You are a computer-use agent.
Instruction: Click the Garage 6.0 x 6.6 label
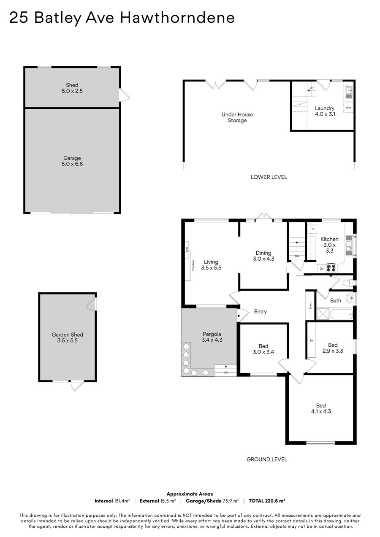[x=72, y=161]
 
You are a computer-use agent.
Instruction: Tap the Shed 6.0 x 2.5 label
[x=72, y=88]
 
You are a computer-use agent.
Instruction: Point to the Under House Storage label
[x=237, y=117]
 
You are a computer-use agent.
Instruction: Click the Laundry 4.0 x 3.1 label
[x=325, y=111]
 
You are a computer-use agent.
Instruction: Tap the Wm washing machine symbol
[x=348, y=108]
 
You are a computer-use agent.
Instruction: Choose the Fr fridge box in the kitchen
[x=313, y=229]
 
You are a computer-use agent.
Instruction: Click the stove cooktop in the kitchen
[x=331, y=268]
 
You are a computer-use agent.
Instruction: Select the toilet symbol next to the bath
[x=347, y=283]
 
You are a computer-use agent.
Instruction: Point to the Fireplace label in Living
[x=193, y=265]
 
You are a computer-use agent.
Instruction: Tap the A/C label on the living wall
[x=187, y=250]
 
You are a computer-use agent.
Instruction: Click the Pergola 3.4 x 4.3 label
[x=212, y=337]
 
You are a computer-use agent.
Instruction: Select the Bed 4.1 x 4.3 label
[x=321, y=408]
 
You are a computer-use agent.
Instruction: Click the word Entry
[x=260, y=311]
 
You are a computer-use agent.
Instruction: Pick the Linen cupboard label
[x=310, y=305]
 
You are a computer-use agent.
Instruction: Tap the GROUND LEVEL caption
[x=267, y=459]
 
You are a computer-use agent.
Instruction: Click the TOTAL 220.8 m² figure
[x=267, y=501]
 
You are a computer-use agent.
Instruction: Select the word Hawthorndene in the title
[x=177, y=17]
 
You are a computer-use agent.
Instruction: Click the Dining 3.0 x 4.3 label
[x=263, y=256]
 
